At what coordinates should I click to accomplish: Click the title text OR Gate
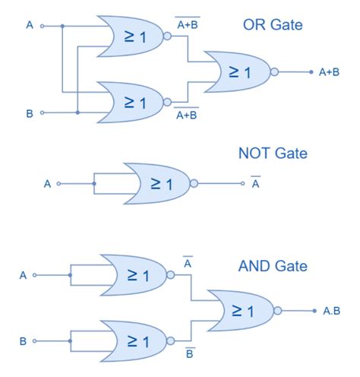tap(272, 26)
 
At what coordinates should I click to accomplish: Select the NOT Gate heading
tap(272, 154)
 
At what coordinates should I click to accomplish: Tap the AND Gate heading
tap(272, 266)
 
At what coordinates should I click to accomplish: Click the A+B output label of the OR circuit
tap(329, 72)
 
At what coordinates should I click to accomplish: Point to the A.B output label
tap(331, 311)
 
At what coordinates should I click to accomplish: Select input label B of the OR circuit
tap(29, 113)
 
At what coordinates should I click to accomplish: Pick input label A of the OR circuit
tap(29, 26)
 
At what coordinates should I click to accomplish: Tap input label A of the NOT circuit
tap(47, 183)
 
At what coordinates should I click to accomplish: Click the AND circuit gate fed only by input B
tap(134, 341)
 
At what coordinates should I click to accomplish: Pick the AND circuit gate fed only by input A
tap(134, 275)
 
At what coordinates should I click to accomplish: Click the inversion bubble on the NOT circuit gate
tap(194, 183)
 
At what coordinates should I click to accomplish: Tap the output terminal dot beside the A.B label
tap(314, 311)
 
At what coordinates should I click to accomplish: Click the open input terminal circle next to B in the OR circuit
tap(43, 113)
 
